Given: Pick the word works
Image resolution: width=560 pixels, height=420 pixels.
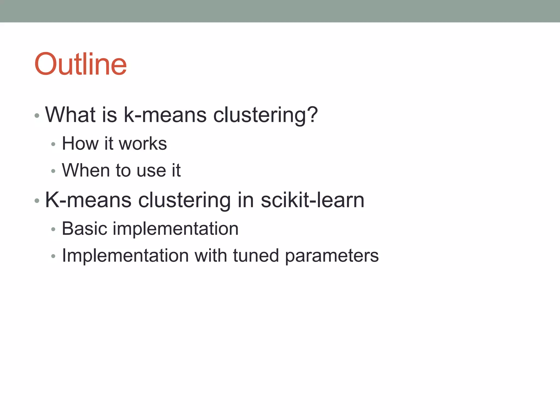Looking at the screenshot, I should tap(143, 144).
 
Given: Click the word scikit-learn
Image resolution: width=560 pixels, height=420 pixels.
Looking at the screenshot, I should tap(312, 200).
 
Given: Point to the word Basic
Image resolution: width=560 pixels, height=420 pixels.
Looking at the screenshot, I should tap(84, 229).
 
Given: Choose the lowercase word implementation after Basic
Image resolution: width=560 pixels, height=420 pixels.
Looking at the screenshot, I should tap(176, 229).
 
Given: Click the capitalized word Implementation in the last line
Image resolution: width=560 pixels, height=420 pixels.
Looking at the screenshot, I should tap(125, 256).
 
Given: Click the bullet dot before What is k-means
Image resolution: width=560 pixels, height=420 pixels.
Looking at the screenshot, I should tap(37, 116).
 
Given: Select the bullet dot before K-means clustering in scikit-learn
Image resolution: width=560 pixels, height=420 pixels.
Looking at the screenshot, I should tap(37, 201).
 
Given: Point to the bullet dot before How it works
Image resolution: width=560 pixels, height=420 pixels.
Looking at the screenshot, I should tap(53, 144).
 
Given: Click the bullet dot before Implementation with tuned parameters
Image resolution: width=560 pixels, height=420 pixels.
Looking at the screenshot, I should tap(53, 256).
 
